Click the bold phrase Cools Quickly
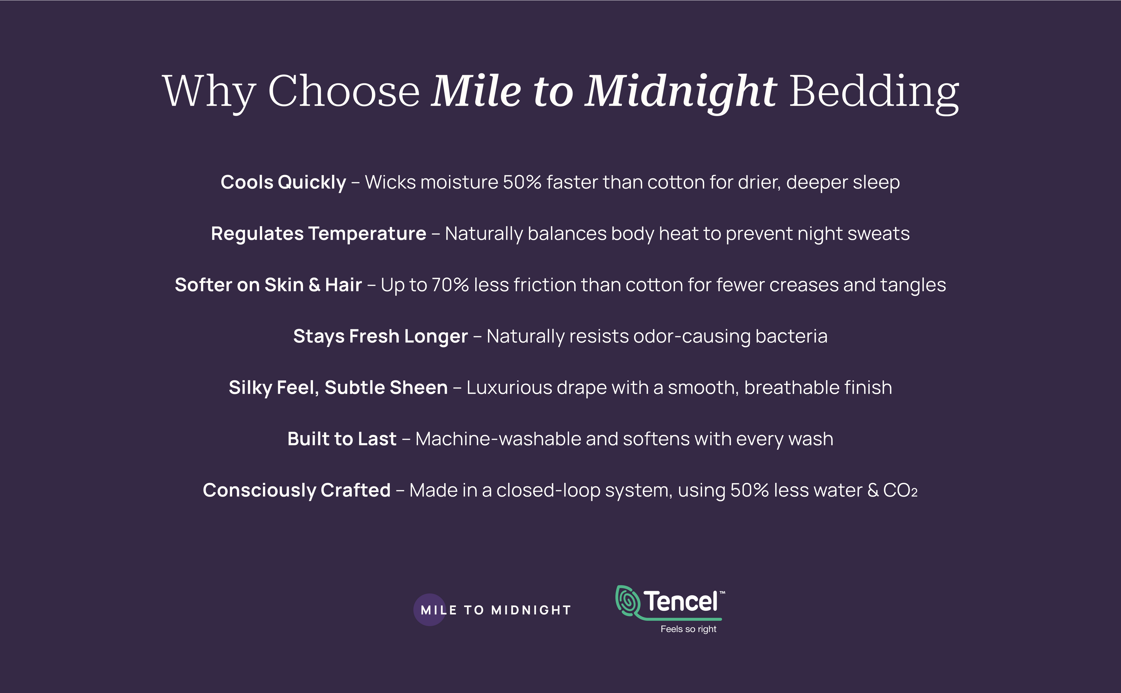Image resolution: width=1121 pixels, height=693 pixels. [x=283, y=182]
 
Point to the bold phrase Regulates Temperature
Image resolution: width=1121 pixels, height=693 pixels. [x=318, y=234]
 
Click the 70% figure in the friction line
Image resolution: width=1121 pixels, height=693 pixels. [x=450, y=285]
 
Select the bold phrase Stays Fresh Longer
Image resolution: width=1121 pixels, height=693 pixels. [x=381, y=336]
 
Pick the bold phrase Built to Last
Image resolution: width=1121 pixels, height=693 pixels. [x=342, y=439]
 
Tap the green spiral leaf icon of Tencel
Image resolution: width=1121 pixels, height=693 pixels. [x=627, y=601]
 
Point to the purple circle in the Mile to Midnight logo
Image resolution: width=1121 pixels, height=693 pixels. [x=430, y=610]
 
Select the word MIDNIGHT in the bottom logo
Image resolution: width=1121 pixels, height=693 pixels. [x=531, y=610]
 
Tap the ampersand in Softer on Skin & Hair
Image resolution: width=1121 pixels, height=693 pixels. [x=314, y=285]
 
